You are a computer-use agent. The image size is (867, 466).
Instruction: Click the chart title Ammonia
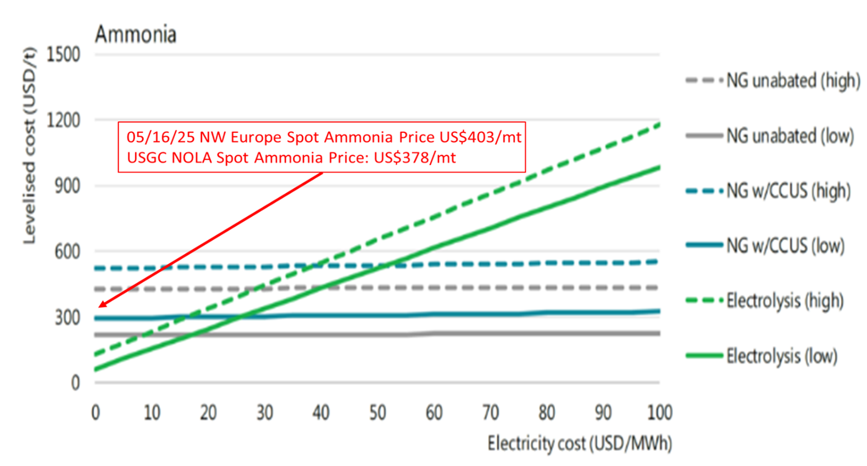(x=136, y=35)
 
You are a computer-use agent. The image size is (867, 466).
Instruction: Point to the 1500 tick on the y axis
(x=63, y=55)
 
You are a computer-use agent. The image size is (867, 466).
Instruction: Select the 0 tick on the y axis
(x=75, y=383)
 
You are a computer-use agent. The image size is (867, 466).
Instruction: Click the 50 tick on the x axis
(x=377, y=412)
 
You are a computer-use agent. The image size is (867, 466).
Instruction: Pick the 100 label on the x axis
(x=659, y=412)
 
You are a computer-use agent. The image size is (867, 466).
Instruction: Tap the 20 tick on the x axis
(x=208, y=412)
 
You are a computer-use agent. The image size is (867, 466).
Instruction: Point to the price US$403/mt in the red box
(x=480, y=137)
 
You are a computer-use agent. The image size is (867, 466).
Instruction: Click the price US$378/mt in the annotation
(x=415, y=158)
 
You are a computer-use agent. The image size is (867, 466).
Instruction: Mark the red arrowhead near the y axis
(x=101, y=305)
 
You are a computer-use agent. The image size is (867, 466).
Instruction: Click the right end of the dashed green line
(x=658, y=125)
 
